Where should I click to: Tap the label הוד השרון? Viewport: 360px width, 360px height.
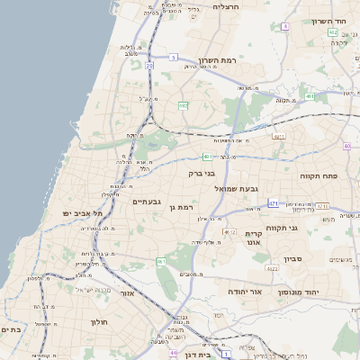click(x=328, y=21)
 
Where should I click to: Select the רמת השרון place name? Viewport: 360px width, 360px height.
click(x=217, y=59)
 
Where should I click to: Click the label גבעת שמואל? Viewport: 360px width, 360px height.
click(x=236, y=188)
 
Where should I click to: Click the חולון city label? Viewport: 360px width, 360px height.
click(x=98, y=321)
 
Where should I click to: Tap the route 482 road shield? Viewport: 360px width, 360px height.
click(x=183, y=105)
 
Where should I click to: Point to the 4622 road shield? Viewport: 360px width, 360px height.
click(x=272, y=268)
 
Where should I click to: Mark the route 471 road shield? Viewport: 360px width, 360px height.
click(x=273, y=204)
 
